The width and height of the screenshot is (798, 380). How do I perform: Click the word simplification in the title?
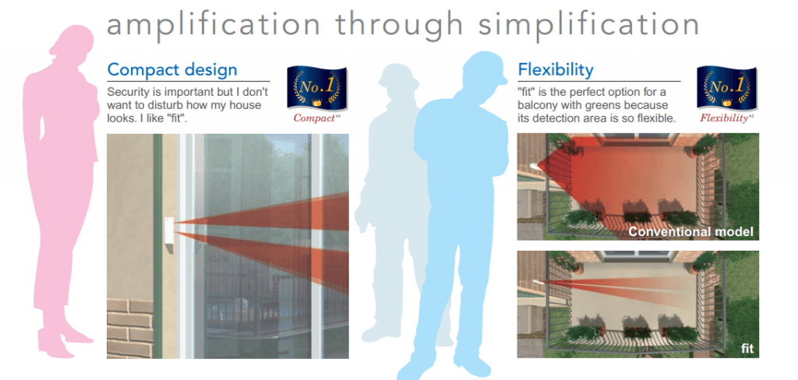point(588,24)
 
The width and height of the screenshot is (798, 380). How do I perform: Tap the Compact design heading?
point(172,69)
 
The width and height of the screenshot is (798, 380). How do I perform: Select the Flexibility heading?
point(556,69)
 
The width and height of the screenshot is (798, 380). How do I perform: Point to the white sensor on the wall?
point(169,234)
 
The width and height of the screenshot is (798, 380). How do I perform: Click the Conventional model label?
point(690,232)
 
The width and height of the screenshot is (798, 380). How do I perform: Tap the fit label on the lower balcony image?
point(747,349)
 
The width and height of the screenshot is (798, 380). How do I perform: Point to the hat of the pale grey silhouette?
point(398,76)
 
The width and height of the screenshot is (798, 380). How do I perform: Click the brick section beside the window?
point(130,328)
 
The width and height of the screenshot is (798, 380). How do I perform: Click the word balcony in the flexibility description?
point(538,106)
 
